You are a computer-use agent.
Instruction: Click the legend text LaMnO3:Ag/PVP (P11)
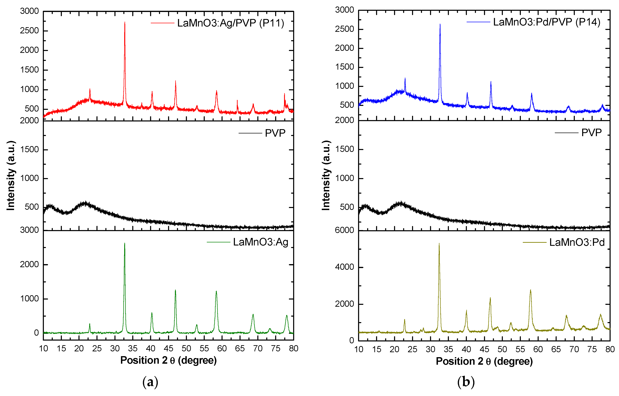[230, 23]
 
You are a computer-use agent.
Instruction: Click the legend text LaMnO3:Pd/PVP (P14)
[546, 22]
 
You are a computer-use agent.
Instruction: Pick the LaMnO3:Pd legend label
[577, 242]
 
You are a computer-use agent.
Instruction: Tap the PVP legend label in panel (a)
[275, 133]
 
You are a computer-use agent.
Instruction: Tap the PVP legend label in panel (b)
[591, 133]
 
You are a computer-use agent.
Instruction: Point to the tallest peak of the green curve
[125, 243]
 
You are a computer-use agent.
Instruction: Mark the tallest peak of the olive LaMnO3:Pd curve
[439, 244]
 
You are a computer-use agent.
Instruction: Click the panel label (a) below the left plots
[150, 382]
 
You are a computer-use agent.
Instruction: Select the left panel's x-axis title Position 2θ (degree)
[168, 360]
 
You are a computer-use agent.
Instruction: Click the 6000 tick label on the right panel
[344, 230]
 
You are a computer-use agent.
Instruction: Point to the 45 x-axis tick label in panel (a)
[168, 348]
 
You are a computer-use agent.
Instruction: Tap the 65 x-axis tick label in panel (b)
[556, 349]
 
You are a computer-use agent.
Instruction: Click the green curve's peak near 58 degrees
[216, 291]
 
